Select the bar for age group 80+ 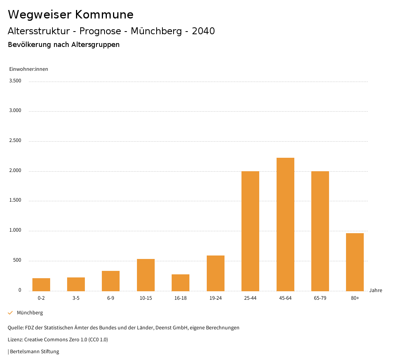click(355, 262)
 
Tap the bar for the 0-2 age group click(41, 284)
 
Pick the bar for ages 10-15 click(146, 275)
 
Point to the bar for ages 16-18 click(181, 282)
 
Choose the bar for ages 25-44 click(250, 231)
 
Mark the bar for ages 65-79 click(320, 231)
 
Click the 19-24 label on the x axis click(215, 298)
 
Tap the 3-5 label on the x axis click(76, 298)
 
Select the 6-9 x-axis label click(111, 298)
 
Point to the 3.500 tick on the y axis click(15, 81)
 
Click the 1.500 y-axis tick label click(15, 200)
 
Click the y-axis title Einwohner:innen click(29, 69)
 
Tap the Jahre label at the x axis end click(375, 291)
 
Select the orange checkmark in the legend click(10, 313)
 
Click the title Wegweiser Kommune click(71, 15)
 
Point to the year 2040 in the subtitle click(203, 31)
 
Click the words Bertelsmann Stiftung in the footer click(34, 352)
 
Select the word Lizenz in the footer click(15, 340)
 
